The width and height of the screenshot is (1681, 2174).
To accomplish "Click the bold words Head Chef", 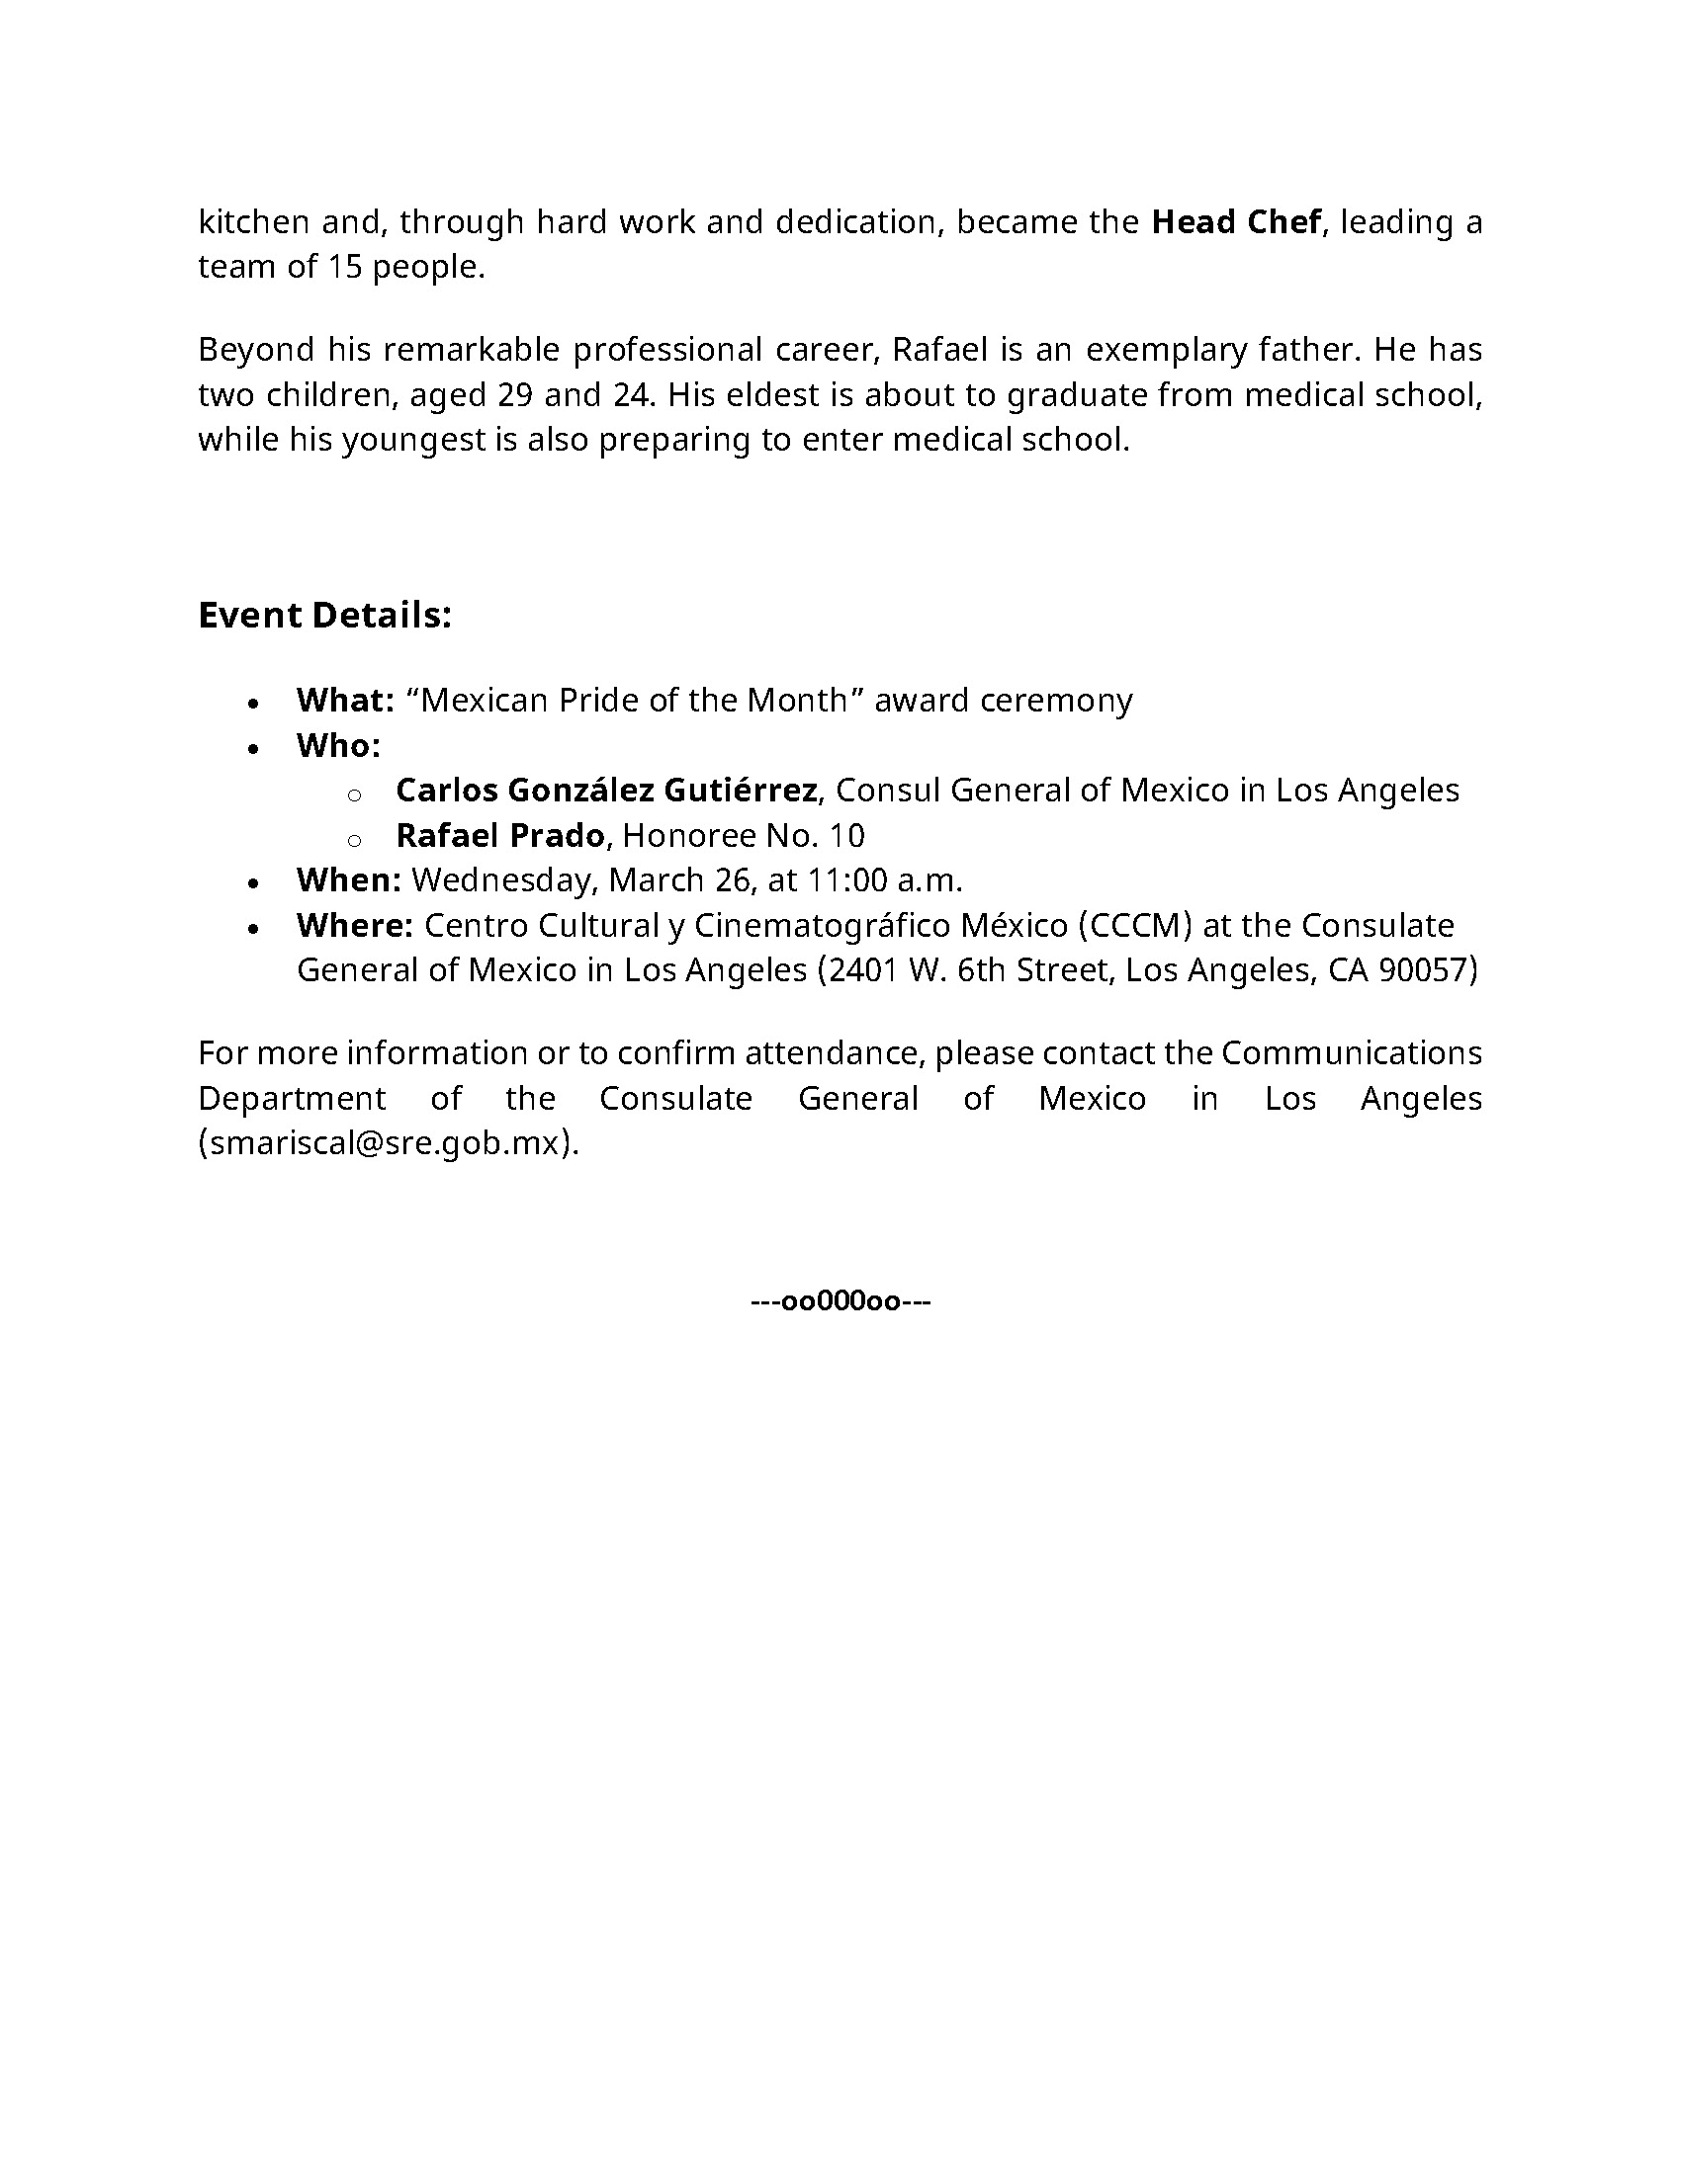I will pos(1235,221).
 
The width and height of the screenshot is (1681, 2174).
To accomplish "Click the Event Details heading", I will pos(324,615).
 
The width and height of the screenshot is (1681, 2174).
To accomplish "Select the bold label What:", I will pos(344,700).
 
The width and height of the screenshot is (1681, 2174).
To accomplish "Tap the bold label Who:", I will pos(337,744).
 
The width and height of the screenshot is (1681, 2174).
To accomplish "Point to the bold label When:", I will pos(347,879).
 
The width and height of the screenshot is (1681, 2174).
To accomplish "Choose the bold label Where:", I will pos(354,925).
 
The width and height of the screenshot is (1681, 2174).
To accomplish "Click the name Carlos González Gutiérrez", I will pos(605,790).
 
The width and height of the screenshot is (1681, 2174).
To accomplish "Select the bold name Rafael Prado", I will pos(500,835).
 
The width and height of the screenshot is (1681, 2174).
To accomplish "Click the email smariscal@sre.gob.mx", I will pos(387,1142).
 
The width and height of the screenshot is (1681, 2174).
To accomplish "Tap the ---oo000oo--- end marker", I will pos(840,1301).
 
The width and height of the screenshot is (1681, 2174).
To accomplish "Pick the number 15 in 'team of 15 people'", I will pos(344,266).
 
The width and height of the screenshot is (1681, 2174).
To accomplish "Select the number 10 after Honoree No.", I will pos(846,835).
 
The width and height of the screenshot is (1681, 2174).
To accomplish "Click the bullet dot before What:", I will pos(254,703).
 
